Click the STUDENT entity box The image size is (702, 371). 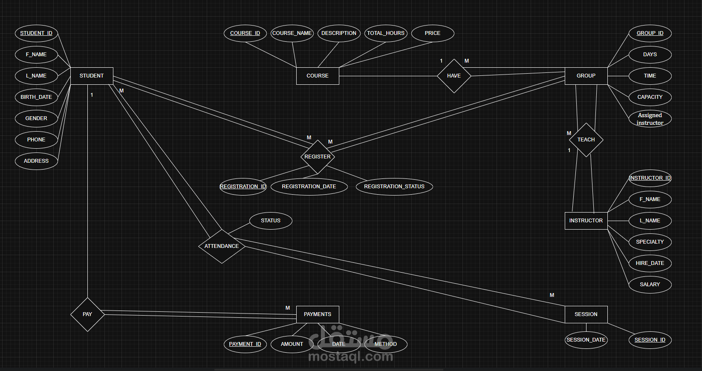92,76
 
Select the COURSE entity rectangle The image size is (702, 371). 318,76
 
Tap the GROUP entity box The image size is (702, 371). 586,76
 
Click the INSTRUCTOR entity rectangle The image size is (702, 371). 586,221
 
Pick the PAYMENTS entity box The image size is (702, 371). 318,314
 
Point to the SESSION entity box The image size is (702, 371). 586,314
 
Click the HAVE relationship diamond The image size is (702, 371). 454,76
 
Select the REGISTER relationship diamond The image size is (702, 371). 318,157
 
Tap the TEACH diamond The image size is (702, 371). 586,140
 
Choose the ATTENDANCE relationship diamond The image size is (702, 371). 222,246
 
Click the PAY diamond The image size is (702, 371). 87,314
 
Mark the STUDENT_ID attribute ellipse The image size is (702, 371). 36,33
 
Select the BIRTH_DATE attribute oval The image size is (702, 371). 36,97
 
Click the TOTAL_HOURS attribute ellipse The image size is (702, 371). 386,33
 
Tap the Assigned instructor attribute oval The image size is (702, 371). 650,119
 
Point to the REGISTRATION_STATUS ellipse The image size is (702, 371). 394,187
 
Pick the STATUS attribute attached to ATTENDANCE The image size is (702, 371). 271,221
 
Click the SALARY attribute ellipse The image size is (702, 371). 650,285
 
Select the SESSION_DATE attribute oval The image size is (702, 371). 586,340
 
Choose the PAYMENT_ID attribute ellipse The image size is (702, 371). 245,344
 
